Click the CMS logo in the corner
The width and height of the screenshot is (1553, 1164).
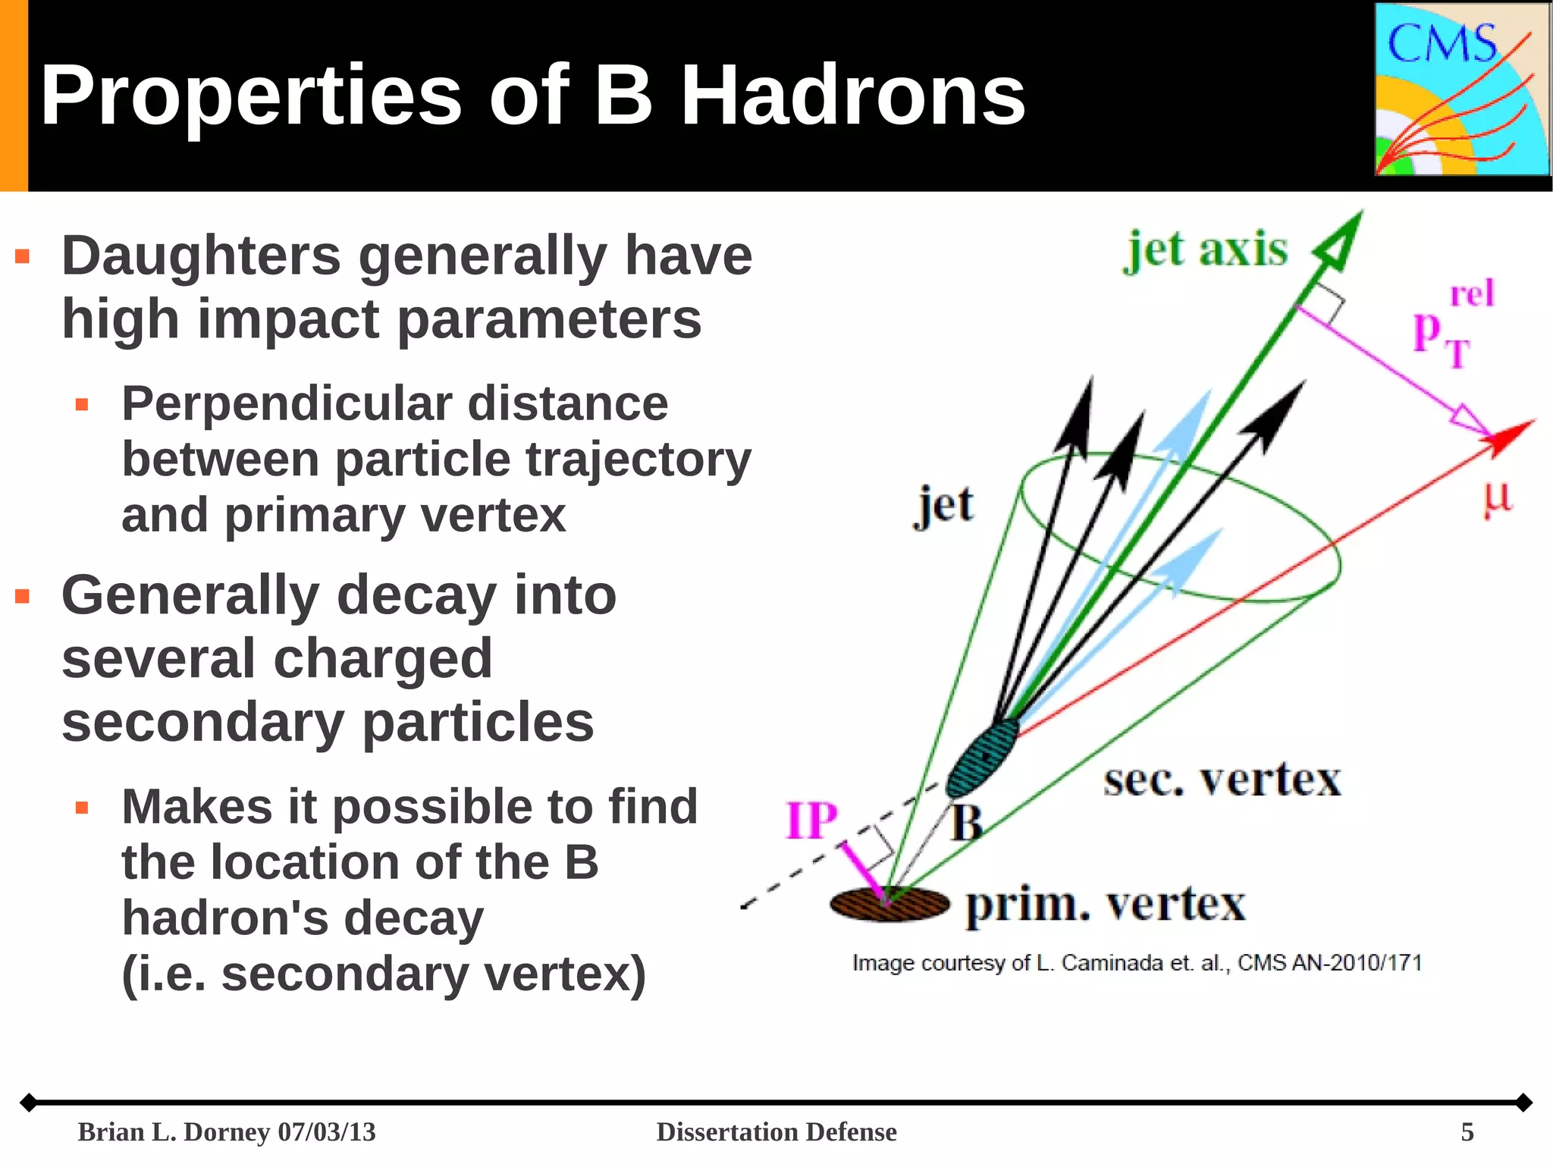[1461, 89]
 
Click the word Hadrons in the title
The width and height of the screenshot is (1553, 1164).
[852, 96]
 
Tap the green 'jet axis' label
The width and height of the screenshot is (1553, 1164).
[1206, 250]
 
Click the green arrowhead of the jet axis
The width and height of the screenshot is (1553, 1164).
[1341, 241]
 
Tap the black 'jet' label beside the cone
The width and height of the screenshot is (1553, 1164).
[943, 506]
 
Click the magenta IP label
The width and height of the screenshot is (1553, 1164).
[811, 820]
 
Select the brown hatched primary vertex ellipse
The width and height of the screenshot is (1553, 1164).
[889, 904]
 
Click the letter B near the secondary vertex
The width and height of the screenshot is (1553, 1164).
[967, 823]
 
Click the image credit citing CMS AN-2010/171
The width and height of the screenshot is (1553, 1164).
[1136, 963]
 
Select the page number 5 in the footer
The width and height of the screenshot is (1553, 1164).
[1467, 1131]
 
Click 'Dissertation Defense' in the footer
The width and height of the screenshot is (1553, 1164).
[776, 1131]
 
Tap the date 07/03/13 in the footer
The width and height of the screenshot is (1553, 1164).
[327, 1131]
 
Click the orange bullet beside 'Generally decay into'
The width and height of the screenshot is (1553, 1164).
[23, 597]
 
